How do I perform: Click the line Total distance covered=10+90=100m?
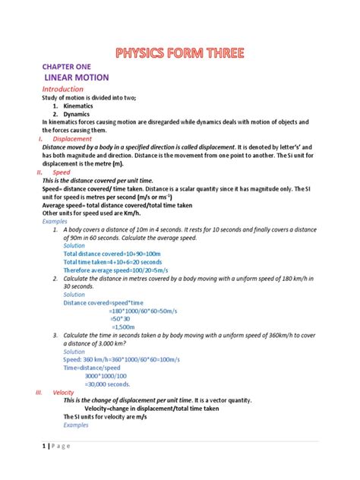click(x=106, y=254)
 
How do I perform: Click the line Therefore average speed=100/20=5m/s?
click(x=115, y=270)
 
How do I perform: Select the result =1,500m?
click(x=125, y=327)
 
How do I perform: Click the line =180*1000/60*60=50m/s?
click(x=142, y=311)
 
